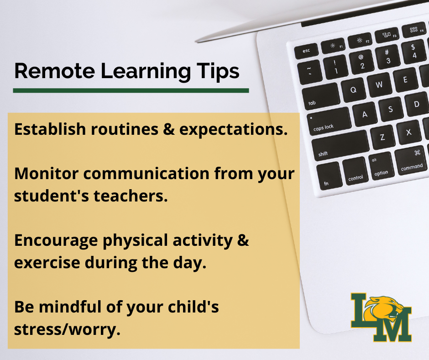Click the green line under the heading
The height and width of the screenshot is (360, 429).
(131, 90)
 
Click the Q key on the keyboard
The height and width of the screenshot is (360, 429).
(353, 90)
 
